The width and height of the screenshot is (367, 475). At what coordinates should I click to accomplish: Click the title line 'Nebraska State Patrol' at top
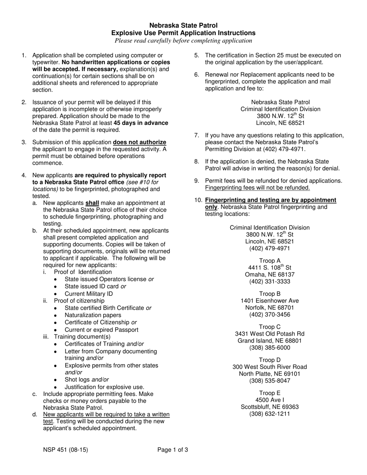click(x=183, y=25)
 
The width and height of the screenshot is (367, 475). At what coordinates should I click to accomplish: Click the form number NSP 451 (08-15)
click(x=68, y=450)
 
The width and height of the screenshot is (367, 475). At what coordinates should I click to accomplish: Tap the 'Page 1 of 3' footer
click(x=173, y=450)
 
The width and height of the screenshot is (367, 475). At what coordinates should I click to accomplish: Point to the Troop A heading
click(x=270, y=261)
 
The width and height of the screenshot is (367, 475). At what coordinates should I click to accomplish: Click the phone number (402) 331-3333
click(x=270, y=282)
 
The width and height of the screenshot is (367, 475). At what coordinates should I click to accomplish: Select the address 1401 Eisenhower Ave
click(x=270, y=301)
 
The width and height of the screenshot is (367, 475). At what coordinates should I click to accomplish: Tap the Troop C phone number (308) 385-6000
click(x=270, y=348)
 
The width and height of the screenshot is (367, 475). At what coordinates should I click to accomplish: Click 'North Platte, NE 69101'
click(x=270, y=374)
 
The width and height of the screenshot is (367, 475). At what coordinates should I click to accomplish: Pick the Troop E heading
click(x=270, y=393)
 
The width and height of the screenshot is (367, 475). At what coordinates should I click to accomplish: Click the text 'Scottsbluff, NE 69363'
click(x=270, y=407)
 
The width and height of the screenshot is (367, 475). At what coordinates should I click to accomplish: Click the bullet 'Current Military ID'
click(x=88, y=293)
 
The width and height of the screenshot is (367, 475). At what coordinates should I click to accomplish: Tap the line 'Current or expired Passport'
click(x=101, y=330)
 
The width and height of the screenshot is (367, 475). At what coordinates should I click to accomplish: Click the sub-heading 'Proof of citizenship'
click(x=79, y=300)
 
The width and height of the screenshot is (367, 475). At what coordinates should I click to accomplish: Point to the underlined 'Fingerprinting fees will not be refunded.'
click(x=257, y=188)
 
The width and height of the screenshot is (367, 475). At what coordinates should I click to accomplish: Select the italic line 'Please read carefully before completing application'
click(x=183, y=41)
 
